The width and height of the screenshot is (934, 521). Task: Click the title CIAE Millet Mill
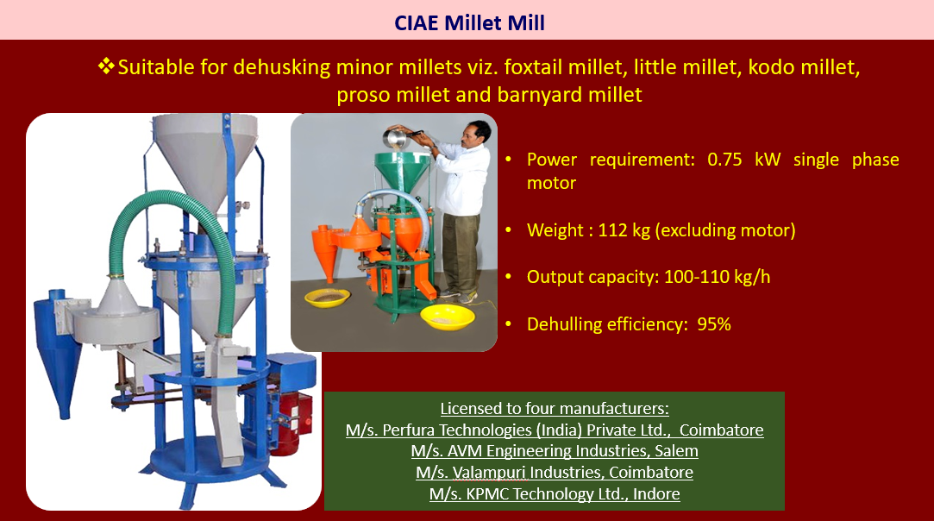(x=469, y=22)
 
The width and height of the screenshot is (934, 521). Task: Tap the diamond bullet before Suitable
(x=106, y=66)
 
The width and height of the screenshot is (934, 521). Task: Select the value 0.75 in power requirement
(x=724, y=160)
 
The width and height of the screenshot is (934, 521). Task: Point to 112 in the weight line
(x=613, y=230)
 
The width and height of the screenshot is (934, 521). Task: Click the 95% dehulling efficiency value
(x=713, y=324)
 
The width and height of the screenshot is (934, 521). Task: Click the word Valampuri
(x=490, y=473)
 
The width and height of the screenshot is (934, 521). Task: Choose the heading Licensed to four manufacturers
(x=555, y=408)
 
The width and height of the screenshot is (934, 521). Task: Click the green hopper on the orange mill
(x=403, y=170)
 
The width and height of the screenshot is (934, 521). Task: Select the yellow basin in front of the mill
(x=448, y=317)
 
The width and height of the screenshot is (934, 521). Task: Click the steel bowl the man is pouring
(x=396, y=138)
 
